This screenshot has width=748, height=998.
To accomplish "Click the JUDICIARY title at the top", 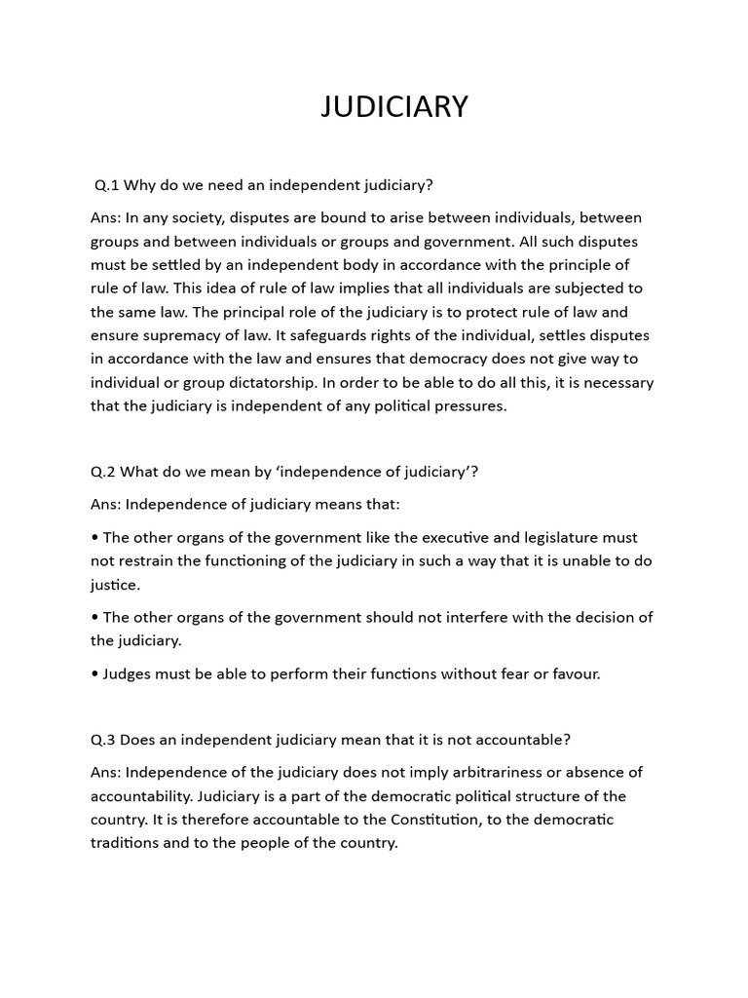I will (x=394, y=107).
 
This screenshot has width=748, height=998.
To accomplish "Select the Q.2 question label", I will (x=103, y=472).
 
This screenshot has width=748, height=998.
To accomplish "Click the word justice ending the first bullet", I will (x=114, y=585).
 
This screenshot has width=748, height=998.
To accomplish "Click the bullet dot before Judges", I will (x=94, y=673).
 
